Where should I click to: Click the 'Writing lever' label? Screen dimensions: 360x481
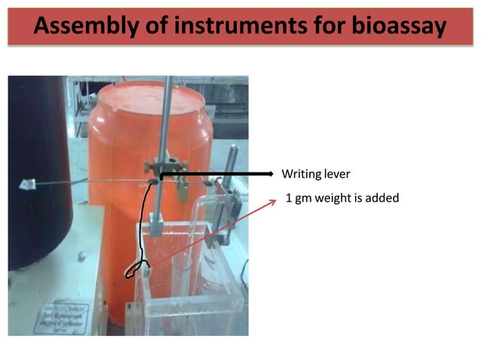[x=315, y=174]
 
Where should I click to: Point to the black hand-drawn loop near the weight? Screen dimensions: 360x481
[x=136, y=267]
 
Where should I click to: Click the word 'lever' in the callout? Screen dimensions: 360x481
[x=337, y=174]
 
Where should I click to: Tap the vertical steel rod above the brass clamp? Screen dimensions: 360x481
[x=164, y=113]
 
